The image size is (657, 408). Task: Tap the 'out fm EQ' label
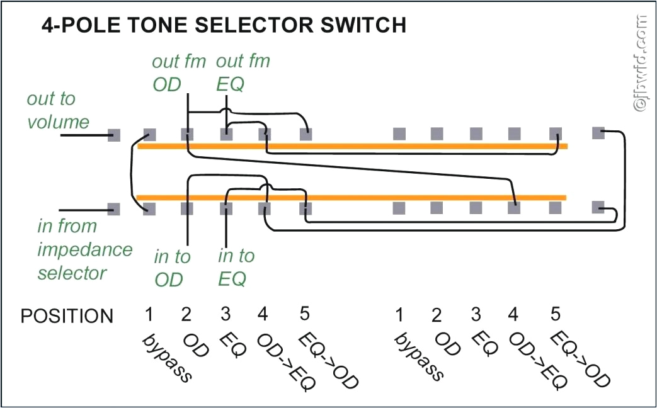pos(243,73)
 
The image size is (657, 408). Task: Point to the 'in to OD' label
pos(172,268)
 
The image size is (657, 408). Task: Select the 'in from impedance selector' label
pos(84,249)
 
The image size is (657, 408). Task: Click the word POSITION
pos(67,316)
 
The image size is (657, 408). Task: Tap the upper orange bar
pos(353,147)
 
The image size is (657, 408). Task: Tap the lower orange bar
pos(353,198)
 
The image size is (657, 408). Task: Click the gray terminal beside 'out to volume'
pos(114,135)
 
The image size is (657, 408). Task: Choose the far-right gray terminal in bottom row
pos(598,207)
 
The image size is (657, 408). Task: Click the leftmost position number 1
pos(149,314)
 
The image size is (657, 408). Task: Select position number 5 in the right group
pos(555,314)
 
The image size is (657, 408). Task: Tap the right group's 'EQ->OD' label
pos(580,360)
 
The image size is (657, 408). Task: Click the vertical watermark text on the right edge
pos(641,63)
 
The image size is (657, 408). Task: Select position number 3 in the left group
pos(226,314)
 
